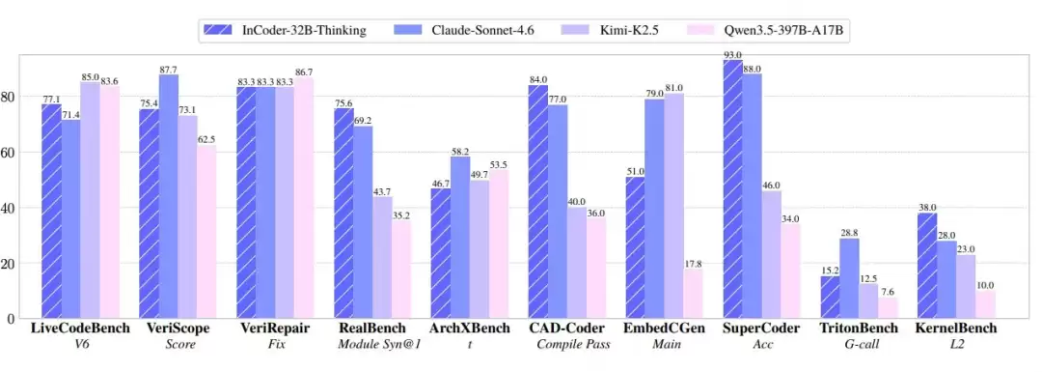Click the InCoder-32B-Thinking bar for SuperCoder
(732, 190)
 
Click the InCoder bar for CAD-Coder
(537, 202)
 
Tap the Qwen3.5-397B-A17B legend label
(762, 31)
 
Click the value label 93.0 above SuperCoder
(732, 55)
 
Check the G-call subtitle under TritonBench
(859, 345)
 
